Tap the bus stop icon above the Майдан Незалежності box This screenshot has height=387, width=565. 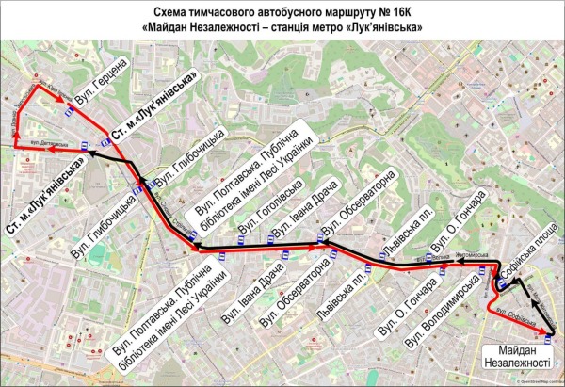coord(549,333)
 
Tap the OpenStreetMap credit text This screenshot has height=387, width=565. coord(541,383)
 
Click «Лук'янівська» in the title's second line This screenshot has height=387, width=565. coord(386,27)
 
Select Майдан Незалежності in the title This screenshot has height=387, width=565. coord(203,27)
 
